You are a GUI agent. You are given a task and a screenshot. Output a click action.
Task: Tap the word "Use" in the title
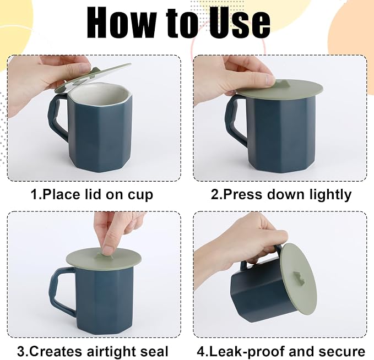click(239, 23)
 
